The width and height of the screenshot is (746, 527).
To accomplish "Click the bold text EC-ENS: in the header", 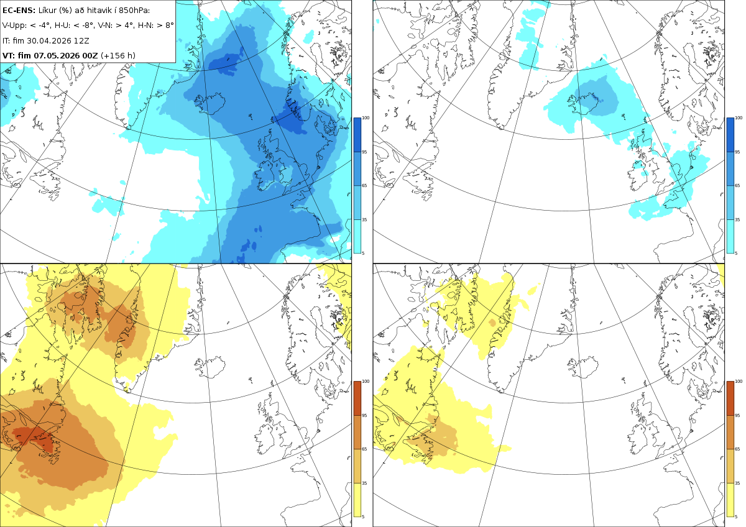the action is pyautogui.click(x=19, y=11).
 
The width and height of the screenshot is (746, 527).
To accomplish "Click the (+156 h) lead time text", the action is pyautogui.click(x=118, y=55).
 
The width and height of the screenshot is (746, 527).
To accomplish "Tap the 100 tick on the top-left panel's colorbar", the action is pyautogui.click(x=366, y=118).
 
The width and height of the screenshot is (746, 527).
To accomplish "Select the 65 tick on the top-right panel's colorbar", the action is pyautogui.click(x=737, y=185).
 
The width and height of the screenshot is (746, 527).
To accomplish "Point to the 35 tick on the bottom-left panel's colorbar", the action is pyautogui.click(x=364, y=483).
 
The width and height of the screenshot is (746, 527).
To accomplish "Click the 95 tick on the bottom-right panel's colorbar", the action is pyautogui.click(x=737, y=416).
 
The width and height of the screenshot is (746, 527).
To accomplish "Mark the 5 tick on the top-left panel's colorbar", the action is pyautogui.click(x=363, y=254).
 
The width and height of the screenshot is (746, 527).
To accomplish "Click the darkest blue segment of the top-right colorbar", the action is pyautogui.click(x=730, y=135).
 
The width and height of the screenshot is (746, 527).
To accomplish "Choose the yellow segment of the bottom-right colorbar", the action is pyautogui.click(x=730, y=500).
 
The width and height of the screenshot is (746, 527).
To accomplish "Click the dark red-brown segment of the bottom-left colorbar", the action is pyautogui.click(x=357, y=398).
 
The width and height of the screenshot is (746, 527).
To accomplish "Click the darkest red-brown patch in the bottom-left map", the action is pyautogui.click(x=34, y=438).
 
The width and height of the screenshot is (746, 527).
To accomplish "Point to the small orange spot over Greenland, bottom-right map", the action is pyautogui.click(x=492, y=323).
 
